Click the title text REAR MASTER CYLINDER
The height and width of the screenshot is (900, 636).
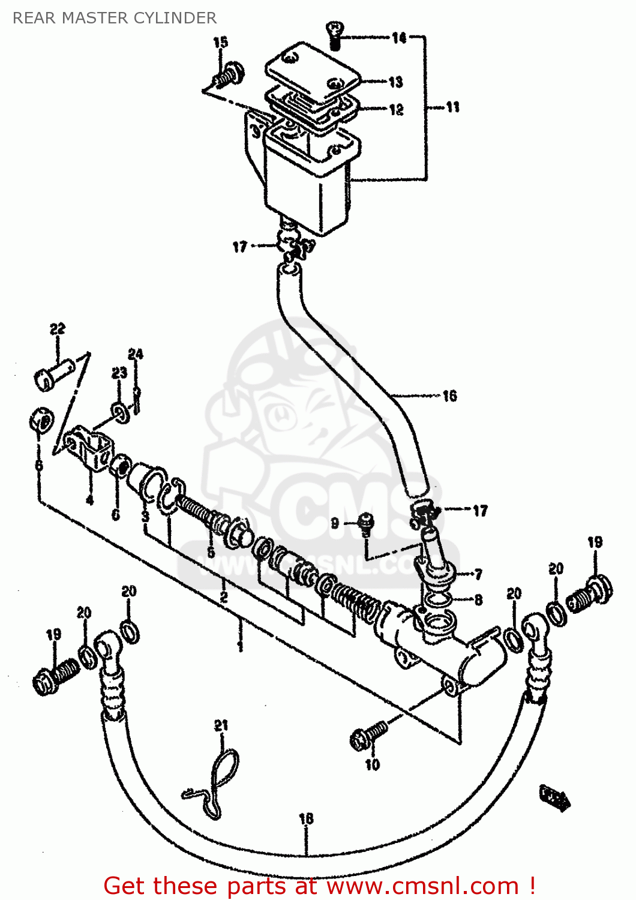[115, 18]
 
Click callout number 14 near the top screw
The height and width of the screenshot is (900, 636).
[399, 38]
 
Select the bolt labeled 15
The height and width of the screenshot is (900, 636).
[229, 76]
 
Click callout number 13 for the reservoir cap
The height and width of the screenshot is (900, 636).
[395, 82]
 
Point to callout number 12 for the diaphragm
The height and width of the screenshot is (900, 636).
[396, 110]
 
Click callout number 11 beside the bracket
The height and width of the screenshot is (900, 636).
[452, 107]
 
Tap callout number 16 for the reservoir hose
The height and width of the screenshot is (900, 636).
[449, 396]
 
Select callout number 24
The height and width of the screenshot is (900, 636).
[136, 354]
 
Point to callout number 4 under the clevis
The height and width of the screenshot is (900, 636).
[89, 499]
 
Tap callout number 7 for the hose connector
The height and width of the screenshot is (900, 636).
[478, 575]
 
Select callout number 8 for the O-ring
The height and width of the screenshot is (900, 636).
[478, 600]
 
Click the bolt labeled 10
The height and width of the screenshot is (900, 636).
[368, 736]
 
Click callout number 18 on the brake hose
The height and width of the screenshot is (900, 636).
[306, 818]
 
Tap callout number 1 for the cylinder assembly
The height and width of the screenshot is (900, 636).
[240, 646]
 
